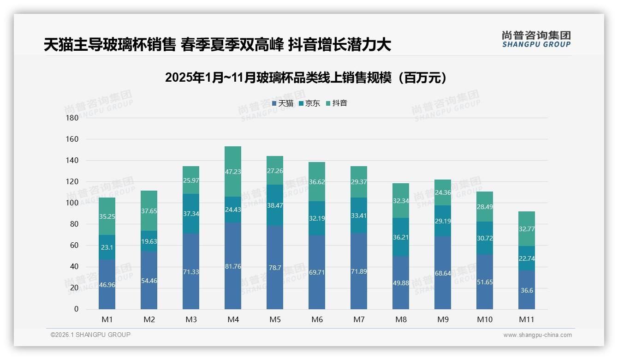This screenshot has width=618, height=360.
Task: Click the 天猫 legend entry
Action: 283,103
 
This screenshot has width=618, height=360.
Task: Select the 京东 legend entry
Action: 309,103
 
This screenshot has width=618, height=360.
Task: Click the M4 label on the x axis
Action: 233,319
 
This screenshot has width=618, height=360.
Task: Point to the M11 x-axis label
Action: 526,319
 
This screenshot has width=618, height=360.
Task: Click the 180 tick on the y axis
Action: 72,118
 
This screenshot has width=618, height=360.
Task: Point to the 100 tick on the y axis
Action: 72,203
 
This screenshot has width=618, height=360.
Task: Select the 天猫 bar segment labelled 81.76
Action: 233,266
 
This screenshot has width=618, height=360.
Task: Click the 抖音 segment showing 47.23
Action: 233,171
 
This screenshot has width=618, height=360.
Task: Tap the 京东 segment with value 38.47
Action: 275,205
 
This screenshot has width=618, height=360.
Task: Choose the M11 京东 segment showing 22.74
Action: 526,258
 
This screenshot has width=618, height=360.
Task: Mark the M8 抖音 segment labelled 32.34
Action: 401,201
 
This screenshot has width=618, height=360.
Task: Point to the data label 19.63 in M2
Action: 149,240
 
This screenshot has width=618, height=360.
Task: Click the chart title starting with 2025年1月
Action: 306,78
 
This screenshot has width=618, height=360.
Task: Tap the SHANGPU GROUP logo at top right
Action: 536,39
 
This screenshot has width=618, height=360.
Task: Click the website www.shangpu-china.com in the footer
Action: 537,335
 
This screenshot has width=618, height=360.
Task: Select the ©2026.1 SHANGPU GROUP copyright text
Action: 90,335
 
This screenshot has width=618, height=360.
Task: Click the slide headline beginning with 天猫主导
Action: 217,45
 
